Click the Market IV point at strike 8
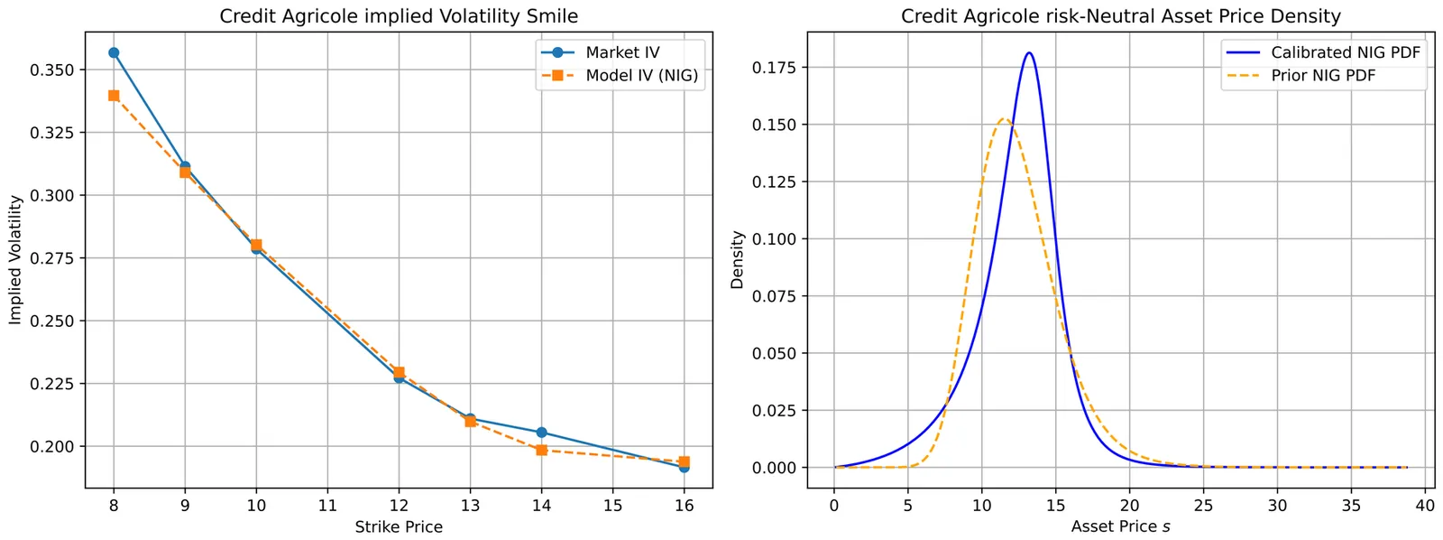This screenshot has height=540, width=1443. [114, 52]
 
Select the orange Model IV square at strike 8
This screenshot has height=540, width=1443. [114, 96]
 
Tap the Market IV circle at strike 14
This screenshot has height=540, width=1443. [541, 433]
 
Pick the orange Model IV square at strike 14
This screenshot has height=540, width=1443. [541, 450]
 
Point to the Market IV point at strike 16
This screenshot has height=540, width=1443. [684, 467]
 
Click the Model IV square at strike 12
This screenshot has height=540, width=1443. [399, 372]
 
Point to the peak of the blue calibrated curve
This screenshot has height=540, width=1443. [1029, 53]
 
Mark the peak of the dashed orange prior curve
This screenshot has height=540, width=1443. [1003, 119]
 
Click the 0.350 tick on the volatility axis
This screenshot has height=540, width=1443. [53, 70]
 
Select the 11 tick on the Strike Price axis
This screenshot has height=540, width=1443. [327, 506]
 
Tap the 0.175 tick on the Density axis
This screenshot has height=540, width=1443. [774, 68]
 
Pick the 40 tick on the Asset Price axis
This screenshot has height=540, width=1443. [1425, 506]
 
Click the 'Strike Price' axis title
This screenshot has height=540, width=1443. [399, 526]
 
